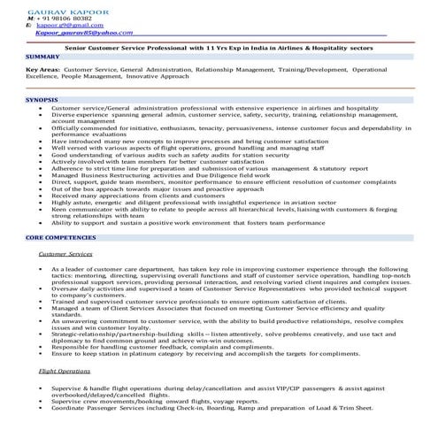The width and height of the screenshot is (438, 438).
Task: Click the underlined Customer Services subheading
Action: pyautogui.click(x=66, y=254)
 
